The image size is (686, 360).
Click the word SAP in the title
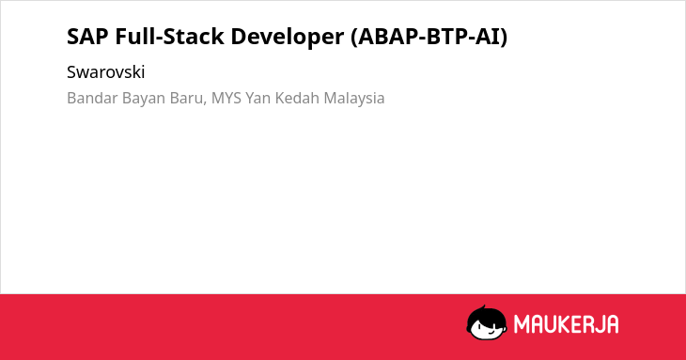[87, 37]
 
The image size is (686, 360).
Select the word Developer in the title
[288, 38]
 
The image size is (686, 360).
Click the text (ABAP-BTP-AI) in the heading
[429, 37]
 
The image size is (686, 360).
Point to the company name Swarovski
[106, 72]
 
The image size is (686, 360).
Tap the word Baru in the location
[186, 98]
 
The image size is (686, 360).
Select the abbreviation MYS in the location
[226, 98]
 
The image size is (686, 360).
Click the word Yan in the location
[258, 98]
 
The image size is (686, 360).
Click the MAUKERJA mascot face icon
[487, 322]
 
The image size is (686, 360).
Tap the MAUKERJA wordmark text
[566, 324]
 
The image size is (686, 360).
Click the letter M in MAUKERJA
[522, 324]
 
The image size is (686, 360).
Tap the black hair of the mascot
[486, 314]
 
